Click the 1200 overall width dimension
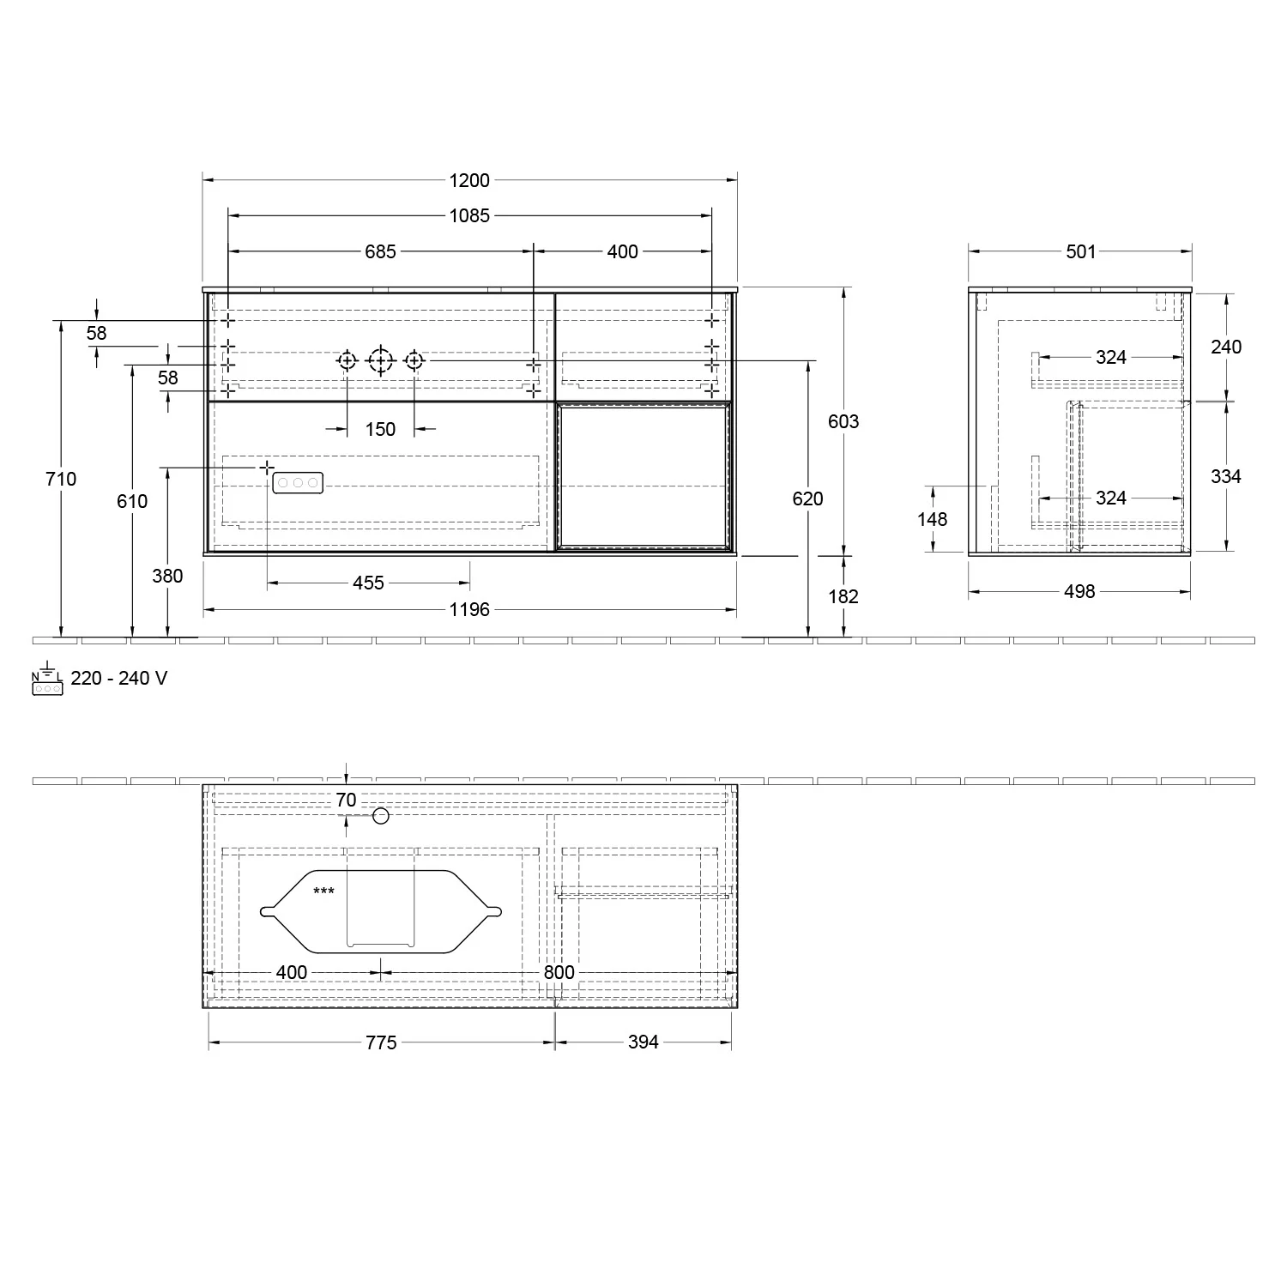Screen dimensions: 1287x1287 point(469,180)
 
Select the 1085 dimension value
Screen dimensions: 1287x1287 point(469,216)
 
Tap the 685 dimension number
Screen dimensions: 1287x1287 point(381,251)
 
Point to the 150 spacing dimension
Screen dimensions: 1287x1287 point(380,429)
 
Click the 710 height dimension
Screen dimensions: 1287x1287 point(61,479)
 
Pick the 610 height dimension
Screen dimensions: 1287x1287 point(132,501)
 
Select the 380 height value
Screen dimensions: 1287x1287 point(167,576)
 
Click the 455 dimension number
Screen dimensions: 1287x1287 point(369,583)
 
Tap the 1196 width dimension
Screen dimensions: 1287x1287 point(469,609)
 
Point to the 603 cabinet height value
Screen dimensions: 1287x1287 point(843,421)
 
